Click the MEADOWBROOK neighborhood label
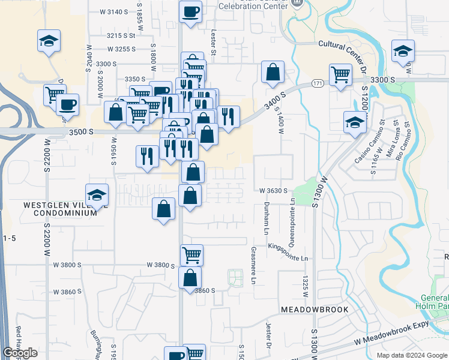(x=309, y=309)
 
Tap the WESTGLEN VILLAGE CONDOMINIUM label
(x=60, y=209)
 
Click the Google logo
(x=20, y=353)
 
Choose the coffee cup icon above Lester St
(x=190, y=12)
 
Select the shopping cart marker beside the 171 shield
(x=340, y=76)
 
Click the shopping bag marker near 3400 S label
(x=273, y=72)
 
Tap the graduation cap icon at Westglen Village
(x=97, y=195)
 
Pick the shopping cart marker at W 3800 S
(x=192, y=254)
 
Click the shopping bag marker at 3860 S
(x=190, y=278)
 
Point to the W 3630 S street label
(x=274, y=191)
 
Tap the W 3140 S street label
(x=113, y=12)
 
